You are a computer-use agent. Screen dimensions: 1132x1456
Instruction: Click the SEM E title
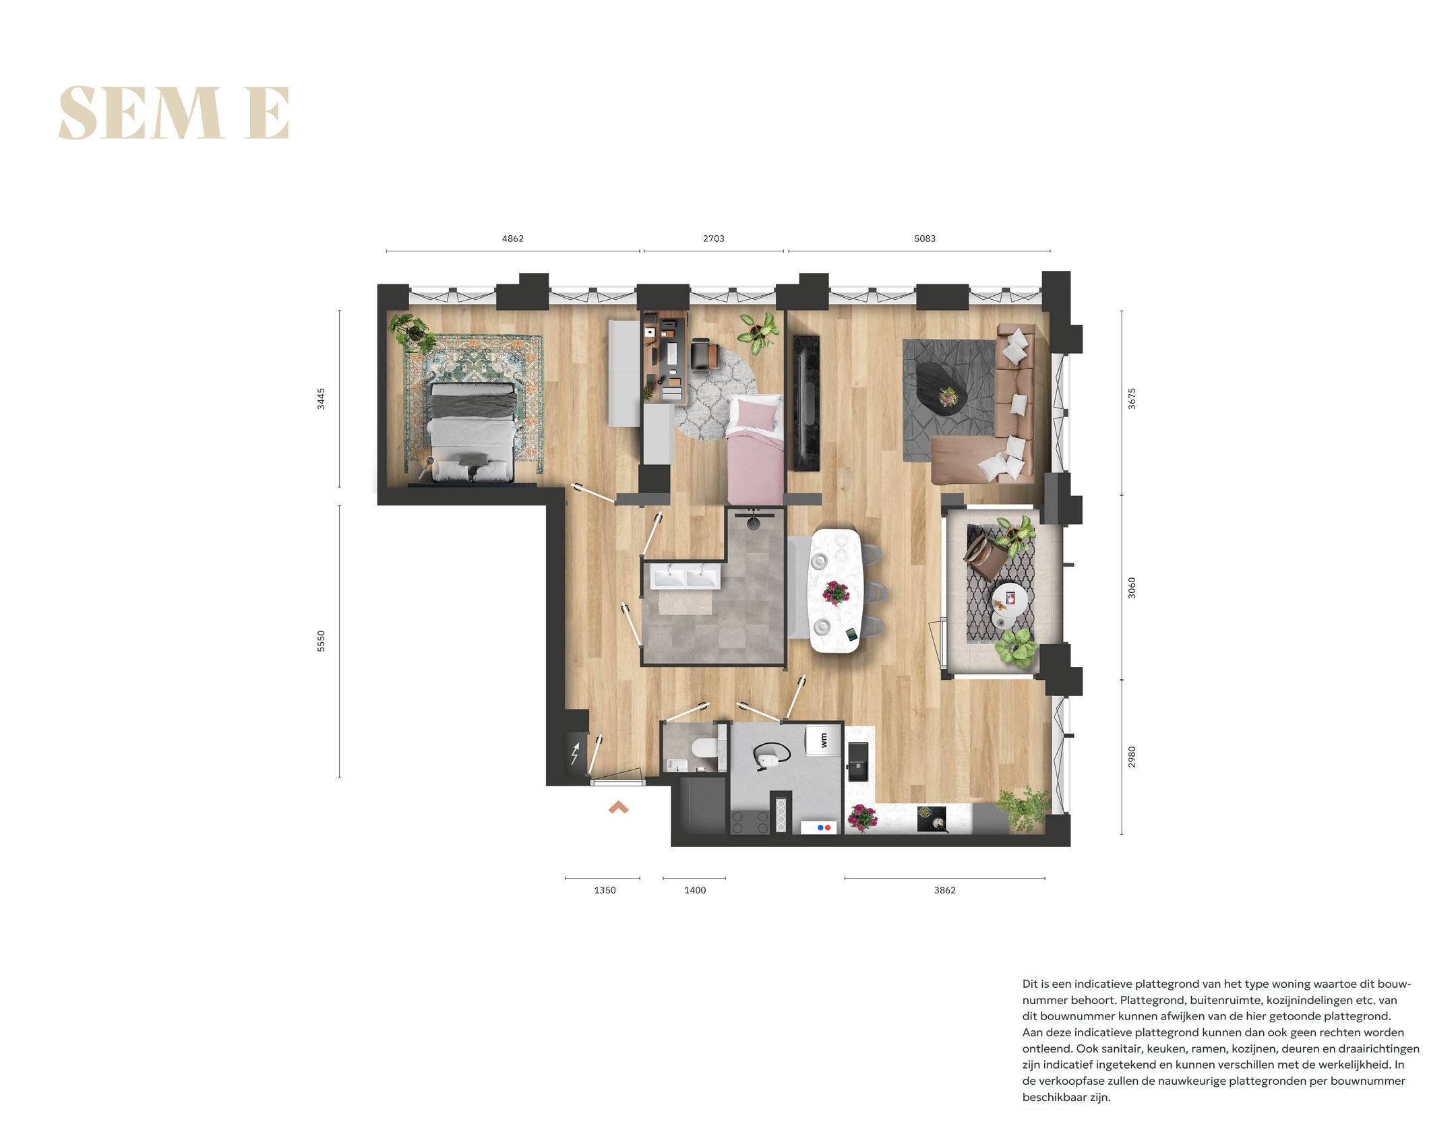pos(174,113)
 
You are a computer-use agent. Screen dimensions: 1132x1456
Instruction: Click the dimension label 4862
pos(512,239)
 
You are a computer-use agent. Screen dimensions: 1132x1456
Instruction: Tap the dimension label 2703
pos(713,239)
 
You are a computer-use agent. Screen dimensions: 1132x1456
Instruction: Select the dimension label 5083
pos(924,239)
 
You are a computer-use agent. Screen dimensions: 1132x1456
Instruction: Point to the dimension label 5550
pos(321,641)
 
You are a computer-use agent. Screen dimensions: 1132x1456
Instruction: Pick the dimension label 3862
pos(944,890)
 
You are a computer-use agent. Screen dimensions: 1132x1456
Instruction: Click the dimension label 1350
pos(605,890)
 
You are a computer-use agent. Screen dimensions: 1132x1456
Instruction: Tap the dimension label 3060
pos(1132,588)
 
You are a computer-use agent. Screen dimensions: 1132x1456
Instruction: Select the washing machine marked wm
pos(824,741)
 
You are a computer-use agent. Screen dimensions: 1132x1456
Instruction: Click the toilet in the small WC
pos(704,749)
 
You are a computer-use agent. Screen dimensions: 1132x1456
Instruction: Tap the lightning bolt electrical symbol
pos(575,754)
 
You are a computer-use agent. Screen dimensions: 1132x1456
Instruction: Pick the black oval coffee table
pos(942,387)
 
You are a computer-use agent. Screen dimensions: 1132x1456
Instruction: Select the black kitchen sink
pos(858,761)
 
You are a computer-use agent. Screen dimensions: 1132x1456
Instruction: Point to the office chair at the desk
pos(703,354)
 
